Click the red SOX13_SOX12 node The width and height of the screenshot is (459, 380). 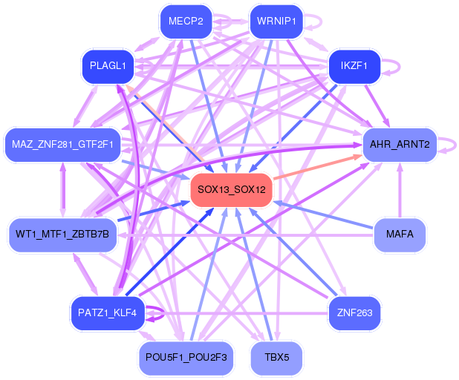click(232, 189)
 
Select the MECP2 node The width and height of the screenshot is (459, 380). click(186, 22)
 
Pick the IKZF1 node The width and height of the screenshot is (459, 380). click(354, 67)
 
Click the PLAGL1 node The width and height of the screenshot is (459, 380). click(108, 67)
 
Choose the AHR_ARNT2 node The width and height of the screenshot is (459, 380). click(396, 144)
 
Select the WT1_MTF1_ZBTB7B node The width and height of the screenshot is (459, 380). click(62, 235)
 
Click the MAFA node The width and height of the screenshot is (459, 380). click(400, 235)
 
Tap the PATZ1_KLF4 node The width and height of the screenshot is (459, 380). click(108, 313)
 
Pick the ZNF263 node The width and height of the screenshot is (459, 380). click(354, 313)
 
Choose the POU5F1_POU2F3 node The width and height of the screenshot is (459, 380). click(186, 358)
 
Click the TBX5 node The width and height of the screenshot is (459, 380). click(276, 358)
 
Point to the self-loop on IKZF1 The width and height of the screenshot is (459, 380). click(395, 67)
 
